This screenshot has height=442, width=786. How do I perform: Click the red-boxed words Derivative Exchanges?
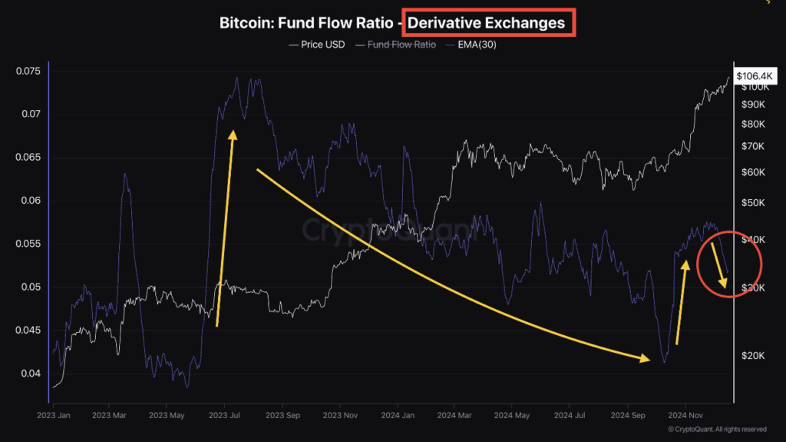coord(486,23)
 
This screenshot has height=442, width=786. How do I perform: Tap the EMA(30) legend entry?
coord(475,45)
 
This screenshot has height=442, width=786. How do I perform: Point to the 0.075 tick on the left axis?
coord(27,71)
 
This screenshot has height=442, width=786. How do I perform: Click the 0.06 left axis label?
coord(29,201)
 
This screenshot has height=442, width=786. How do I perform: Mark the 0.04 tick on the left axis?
coord(29,374)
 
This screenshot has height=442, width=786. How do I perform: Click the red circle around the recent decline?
coord(761,266)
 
